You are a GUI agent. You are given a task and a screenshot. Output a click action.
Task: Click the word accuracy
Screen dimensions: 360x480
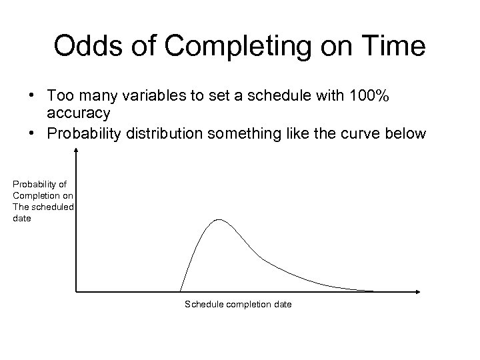tap(79, 113)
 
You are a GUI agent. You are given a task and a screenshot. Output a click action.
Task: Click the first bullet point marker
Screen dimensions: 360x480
tap(32, 97)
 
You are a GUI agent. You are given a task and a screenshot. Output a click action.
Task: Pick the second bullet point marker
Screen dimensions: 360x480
tap(32, 133)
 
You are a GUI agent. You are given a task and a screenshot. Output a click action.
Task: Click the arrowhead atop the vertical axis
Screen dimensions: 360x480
tap(77, 151)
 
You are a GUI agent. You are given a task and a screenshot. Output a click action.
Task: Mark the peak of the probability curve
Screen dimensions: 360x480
tap(219, 219)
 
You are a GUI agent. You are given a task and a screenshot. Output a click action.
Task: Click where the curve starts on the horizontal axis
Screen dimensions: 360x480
tap(180, 291)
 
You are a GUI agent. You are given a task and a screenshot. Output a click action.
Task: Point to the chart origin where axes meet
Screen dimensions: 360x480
tap(77, 291)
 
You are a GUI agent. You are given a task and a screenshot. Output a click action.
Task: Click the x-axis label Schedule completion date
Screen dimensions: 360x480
tap(238, 305)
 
